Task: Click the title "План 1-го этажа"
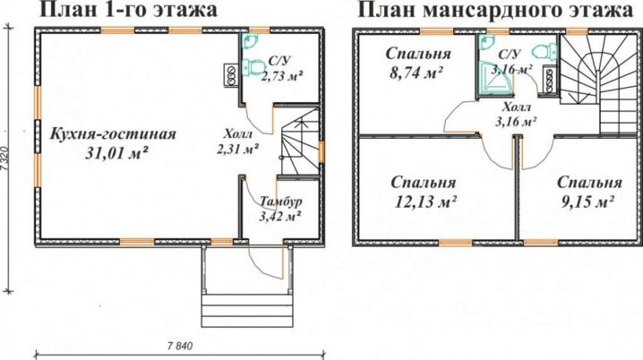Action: (x=128, y=12)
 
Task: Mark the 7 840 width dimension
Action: (x=178, y=346)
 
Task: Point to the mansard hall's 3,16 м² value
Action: (x=516, y=120)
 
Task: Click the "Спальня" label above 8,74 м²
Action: (x=413, y=54)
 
